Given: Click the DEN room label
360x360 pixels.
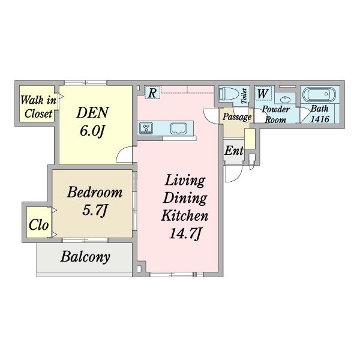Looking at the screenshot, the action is [x=92, y=113].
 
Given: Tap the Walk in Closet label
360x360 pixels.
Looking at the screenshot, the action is [x=38, y=107].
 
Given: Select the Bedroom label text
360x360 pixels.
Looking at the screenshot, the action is [x=95, y=192].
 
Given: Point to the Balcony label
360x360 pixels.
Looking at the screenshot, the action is [x=85, y=257].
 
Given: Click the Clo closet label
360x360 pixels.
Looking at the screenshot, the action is [x=38, y=224].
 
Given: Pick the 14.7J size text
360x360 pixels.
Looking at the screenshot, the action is [x=185, y=234].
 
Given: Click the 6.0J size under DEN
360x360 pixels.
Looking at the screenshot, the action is [x=92, y=131].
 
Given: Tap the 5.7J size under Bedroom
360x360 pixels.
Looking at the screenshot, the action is [x=95, y=210].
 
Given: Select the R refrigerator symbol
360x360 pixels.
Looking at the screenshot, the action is [x=152, y=93].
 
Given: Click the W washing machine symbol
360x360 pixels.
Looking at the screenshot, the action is [x=263, y=94].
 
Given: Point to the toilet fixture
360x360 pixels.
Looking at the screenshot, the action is [x=228, y=94].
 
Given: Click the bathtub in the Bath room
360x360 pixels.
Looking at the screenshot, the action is [x=319, y=95].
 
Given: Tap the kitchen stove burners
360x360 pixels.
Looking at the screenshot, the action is [x=146, y=128].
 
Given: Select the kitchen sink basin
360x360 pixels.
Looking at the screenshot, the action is [x=179, y=128].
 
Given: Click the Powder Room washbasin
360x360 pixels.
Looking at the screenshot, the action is [x=286, y=100].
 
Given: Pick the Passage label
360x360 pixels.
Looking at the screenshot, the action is [x=237, y=117].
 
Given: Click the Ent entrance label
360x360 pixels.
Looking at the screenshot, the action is [x=234, y=151].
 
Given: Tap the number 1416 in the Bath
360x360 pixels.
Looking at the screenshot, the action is [x=320, y=119].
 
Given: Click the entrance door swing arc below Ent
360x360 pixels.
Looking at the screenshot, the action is [x=239, y=176].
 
